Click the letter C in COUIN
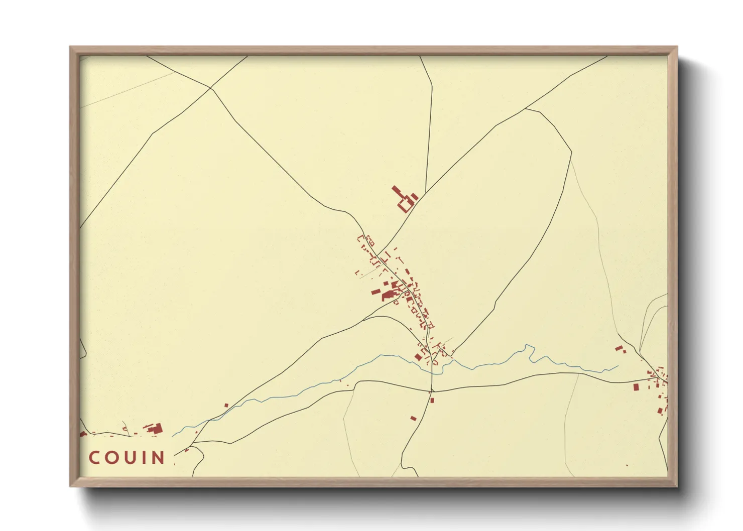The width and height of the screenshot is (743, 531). [x=95, y=458]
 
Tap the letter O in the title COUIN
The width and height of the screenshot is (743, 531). [x=112, y=458]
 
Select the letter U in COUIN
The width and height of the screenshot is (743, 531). [x=130, y=458]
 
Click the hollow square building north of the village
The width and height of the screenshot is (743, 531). [x=405, y=205]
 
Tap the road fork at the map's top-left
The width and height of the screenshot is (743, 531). [x=210, y=88]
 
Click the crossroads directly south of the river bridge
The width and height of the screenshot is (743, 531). [x=432, y=391]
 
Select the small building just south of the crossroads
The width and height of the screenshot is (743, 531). [x=432, y=400]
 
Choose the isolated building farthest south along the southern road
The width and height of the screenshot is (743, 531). [x=413, y=418]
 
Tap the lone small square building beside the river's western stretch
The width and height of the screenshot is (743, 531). [x=226, y=405]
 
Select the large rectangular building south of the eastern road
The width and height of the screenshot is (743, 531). [x=636, y=387]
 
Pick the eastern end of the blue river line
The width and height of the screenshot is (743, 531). [x=617, y=367]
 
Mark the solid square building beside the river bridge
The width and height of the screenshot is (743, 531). [x=418, y=357]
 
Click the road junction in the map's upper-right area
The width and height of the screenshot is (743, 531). [x=526, y=108]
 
